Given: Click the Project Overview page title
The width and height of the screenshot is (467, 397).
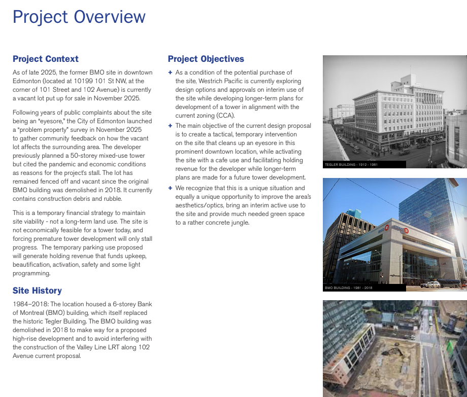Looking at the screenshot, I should click(79, 17).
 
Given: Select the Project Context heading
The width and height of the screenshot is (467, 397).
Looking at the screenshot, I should click(46, 59).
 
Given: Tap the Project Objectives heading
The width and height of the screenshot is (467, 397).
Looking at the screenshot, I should click(206, 59).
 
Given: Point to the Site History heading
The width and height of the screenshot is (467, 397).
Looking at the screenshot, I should click(37, 291).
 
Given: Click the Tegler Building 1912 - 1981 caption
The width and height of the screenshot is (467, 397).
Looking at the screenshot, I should click(351, 165).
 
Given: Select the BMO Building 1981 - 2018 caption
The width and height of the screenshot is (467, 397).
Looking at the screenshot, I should click(349, 288).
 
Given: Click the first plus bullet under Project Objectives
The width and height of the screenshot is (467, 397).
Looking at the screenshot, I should click(170, 73).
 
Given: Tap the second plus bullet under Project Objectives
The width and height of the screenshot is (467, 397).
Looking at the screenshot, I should click(170, 126).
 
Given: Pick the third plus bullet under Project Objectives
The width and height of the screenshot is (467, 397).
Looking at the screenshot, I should click(170, 188).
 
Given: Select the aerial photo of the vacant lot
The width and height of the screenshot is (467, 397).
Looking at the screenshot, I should click(394, 350).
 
